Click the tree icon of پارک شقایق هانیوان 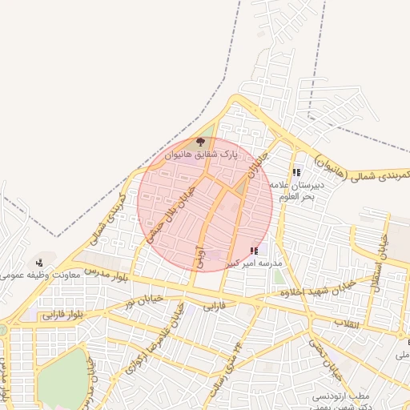tap(200, 142)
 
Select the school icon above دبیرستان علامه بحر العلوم tap(296, 172)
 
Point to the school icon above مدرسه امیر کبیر tap(255, 251)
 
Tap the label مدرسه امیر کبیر tap(254, 263)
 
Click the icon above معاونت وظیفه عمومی tap(40, 263)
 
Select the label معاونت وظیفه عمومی tap(36, 275)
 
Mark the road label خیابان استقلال tap(384, 249)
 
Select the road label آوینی tap(200, 256)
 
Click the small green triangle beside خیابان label tap(241, 188)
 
